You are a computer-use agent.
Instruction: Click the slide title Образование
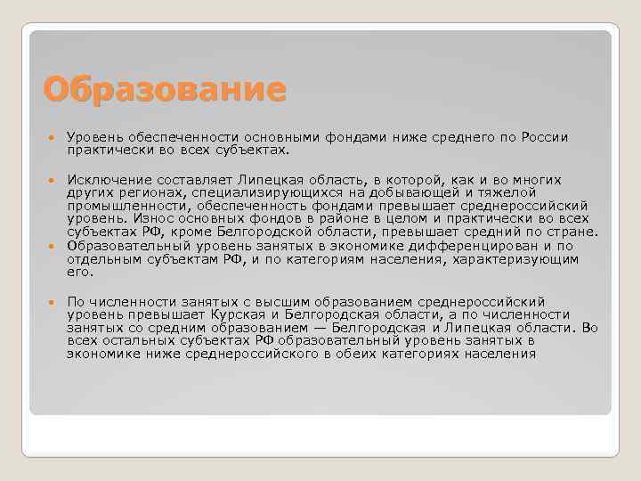165,89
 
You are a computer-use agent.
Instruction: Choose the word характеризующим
515,257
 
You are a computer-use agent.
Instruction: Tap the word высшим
254,301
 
